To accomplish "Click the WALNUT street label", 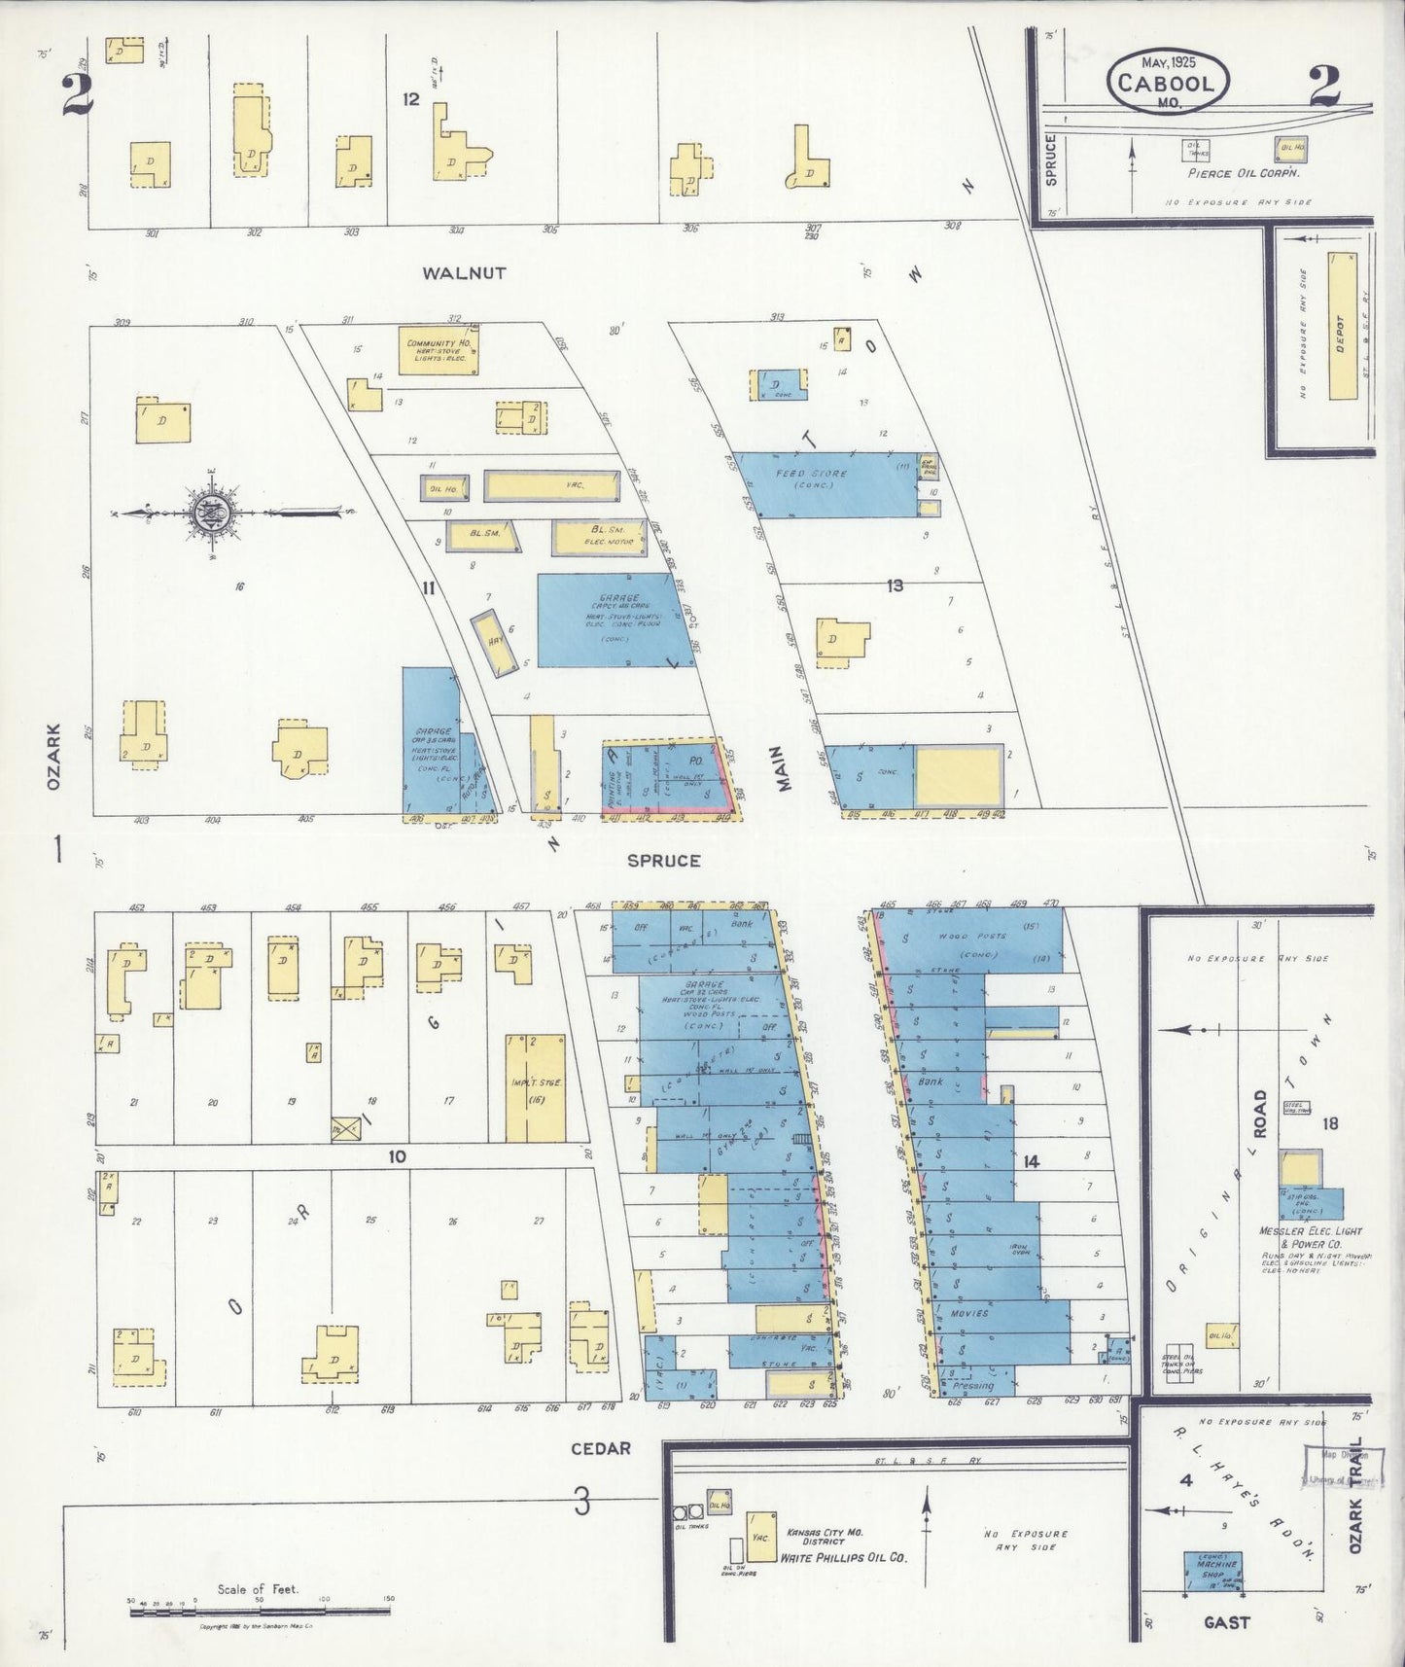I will (464, 273).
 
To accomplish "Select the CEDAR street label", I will (600, 1448).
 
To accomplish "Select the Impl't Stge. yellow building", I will (535, 1087).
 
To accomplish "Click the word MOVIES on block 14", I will (972, 1313).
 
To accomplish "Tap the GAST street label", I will (1226, 1622).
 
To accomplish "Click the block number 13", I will (895, 585).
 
